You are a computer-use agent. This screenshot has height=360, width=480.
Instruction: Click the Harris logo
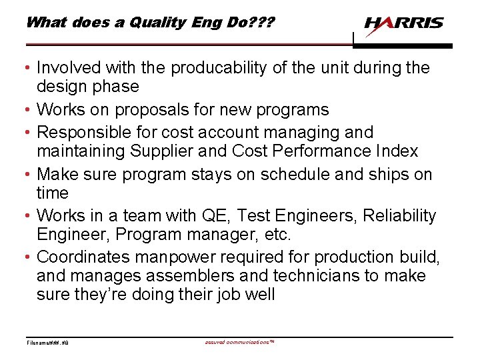[403, 24]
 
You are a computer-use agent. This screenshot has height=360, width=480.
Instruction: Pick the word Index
[399, 151]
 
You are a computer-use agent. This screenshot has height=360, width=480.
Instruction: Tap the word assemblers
[189, 276]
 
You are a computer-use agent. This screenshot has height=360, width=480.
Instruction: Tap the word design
[60, 87]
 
